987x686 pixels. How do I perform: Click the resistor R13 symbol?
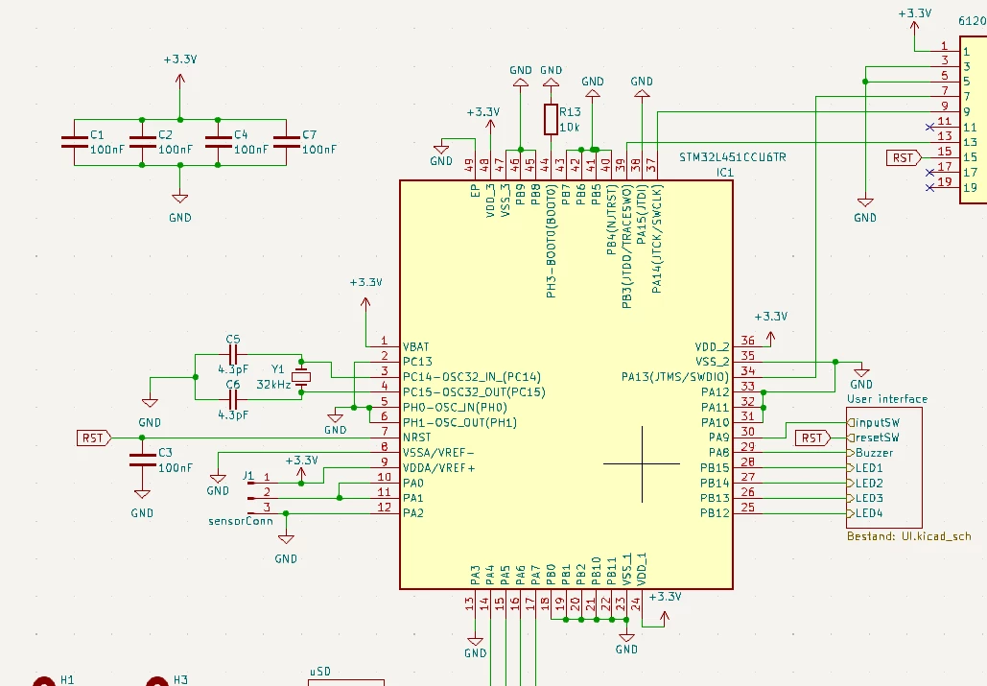[x=551, y=120]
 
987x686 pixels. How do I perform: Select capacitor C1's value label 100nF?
[x=107, y=150]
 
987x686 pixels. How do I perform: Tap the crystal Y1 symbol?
[x=301, y=377]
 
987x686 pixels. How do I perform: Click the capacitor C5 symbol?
[x=233, y=354]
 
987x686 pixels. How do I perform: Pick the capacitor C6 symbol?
[x=233, y=399]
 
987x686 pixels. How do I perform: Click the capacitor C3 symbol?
[x=142, y=461]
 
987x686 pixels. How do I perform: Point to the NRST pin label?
[x=416, y=438]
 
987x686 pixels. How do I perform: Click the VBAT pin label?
[x=415, y=346]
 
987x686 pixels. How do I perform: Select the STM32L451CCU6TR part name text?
[x=733, y=157]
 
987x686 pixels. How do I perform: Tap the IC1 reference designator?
[x=724, y=173]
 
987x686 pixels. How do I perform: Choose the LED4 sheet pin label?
[x=869, y=513]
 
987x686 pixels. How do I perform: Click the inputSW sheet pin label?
[x=878, y=423]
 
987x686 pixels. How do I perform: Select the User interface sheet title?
[x=887, y=399]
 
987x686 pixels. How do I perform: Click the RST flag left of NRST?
[x=94, y=438]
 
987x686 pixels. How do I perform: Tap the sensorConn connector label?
[x=241, y=521]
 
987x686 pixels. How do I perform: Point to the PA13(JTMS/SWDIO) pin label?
[x=675, y=377]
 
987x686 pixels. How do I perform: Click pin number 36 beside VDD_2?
[x=747, y=341]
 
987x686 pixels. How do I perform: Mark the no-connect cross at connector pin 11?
[x=929, y=128]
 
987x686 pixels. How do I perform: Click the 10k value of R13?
[x=570, y=128]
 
